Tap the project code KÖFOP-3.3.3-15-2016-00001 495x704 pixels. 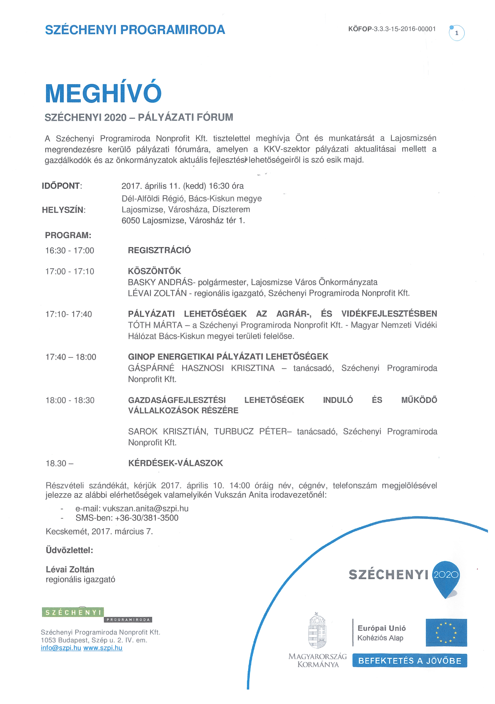point(392,29)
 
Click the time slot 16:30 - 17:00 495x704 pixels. point(70,251)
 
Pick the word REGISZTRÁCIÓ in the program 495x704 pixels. point(159,250)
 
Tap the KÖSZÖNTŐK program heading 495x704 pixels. point(154,271)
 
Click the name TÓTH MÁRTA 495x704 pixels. point(155,325)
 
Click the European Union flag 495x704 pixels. point(446,632)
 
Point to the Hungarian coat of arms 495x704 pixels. point(317,630)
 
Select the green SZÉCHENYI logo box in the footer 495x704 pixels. point(73,612)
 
